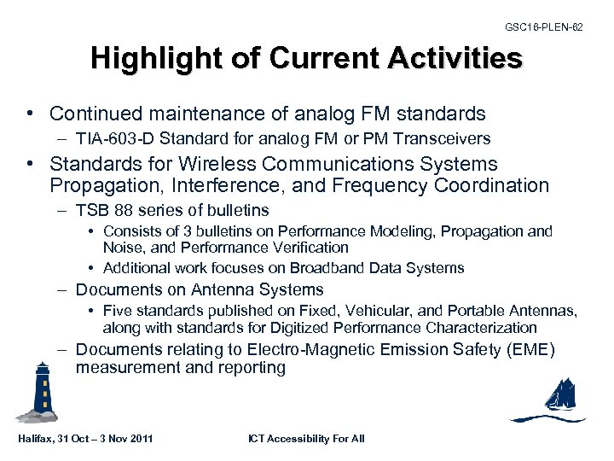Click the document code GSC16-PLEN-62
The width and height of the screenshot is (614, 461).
[544, 27]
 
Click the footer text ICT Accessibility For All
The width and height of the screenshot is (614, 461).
[306, 439]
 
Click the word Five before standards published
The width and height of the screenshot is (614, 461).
[117, 311]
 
